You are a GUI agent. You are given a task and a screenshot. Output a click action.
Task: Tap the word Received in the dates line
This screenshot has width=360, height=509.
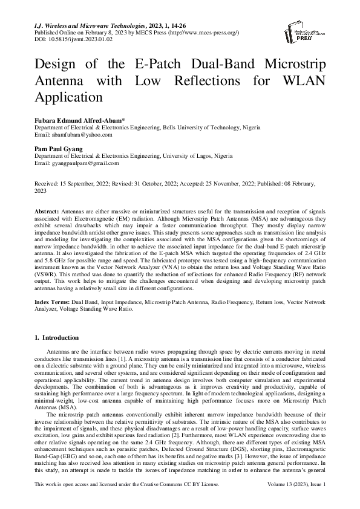pos(48,183)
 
